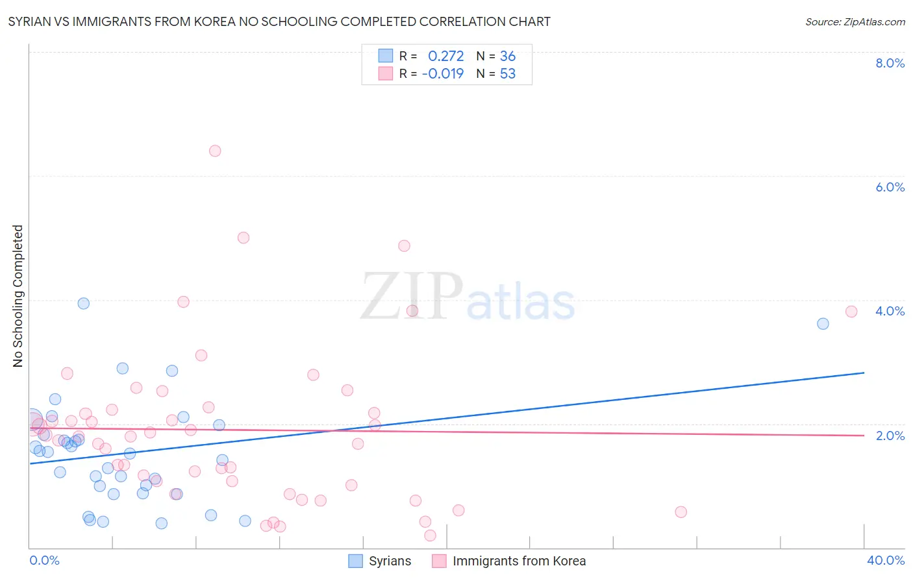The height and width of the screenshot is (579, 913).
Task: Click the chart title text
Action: point(279,21)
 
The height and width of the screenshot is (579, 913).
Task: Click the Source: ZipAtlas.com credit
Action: point(855,21)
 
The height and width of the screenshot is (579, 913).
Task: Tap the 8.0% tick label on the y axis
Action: point(890,63)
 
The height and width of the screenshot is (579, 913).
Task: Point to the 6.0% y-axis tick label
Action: point(890,187)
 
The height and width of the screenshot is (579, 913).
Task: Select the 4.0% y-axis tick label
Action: point(890,311)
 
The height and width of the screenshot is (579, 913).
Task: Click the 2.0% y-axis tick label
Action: point(890,436)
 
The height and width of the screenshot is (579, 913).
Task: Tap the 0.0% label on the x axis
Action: point(44,560)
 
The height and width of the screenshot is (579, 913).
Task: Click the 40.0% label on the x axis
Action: point(886,560)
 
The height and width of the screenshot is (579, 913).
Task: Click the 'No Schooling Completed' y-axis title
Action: point(18,296)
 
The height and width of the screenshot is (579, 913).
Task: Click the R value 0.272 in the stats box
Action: point(445,56)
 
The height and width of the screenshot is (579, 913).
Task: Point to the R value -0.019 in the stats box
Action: point(443,73)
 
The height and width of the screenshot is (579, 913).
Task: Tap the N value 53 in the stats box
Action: point(507,73)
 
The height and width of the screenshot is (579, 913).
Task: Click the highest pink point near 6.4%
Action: point(215,151)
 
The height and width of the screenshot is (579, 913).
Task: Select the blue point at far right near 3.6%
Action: point(823,324)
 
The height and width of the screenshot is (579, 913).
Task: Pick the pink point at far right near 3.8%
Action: point(851,312)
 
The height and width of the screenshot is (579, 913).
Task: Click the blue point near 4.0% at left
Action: point(83,303)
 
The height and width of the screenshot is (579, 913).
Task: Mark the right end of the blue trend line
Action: point(864,373)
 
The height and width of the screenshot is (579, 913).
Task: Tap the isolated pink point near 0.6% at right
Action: point(681,511)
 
